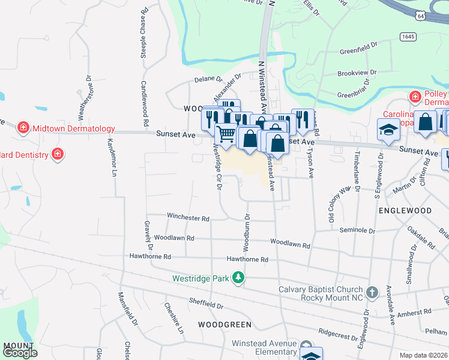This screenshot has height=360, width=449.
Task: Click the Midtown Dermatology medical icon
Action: tap(23, 128)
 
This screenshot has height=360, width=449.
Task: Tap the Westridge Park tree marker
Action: tap(239, 278)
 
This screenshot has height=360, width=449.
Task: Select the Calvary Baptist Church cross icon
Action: tap(372, 292)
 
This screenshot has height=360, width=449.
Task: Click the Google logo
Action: tap(19, 353)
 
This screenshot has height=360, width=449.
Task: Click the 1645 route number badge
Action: tap(408, 37)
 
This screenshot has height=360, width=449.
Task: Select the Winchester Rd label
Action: tap(188, 218)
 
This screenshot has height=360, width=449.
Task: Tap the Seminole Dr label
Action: tap(357, 230)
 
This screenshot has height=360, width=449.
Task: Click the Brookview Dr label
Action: tap(357, 72)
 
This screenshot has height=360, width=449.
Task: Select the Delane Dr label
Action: tap(208, 79)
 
